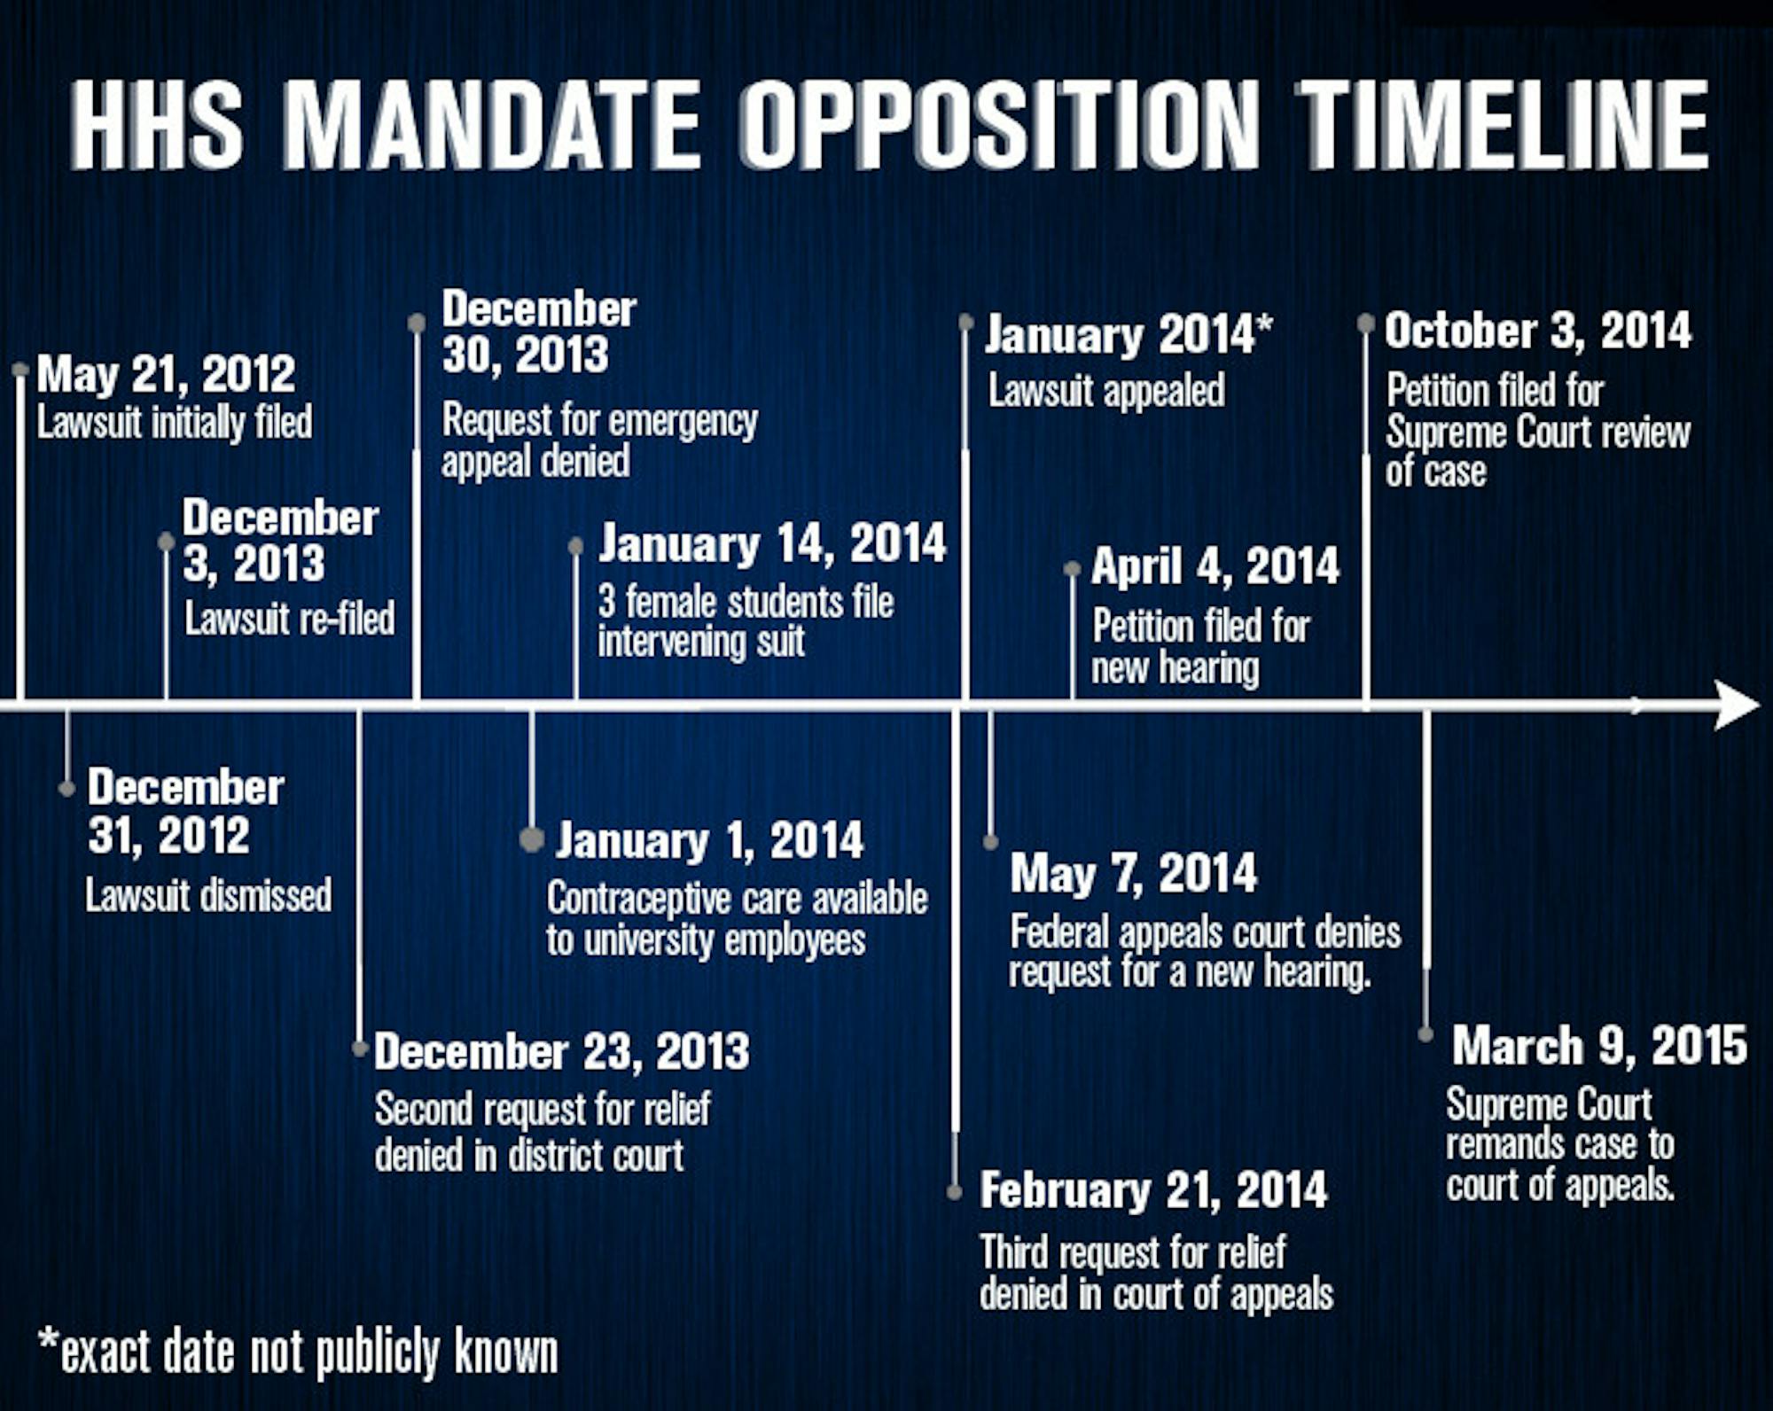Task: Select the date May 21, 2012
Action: tap(166, 374)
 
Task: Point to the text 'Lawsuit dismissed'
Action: tap(208, 895)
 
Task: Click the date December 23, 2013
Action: tap(562, 1052)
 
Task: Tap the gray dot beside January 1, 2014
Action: tap(532, 838)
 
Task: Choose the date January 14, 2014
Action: tap(772, 543)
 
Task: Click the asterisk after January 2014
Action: tap(1265, 324)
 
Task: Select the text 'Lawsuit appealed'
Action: tap(1106, 391)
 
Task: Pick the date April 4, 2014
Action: tap(1215, 566)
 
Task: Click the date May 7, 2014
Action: tap(1133, 874)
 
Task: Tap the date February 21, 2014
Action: tap(1153, 1190)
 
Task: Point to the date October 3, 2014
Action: tap(1538, 331)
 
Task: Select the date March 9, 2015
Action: tap(1599, 1046)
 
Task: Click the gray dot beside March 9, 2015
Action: tap(1425, 1034)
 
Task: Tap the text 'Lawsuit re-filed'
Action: tap(290, 619)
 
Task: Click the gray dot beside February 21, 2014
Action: tap(955, 1192)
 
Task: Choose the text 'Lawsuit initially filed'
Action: tap(175, 423)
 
